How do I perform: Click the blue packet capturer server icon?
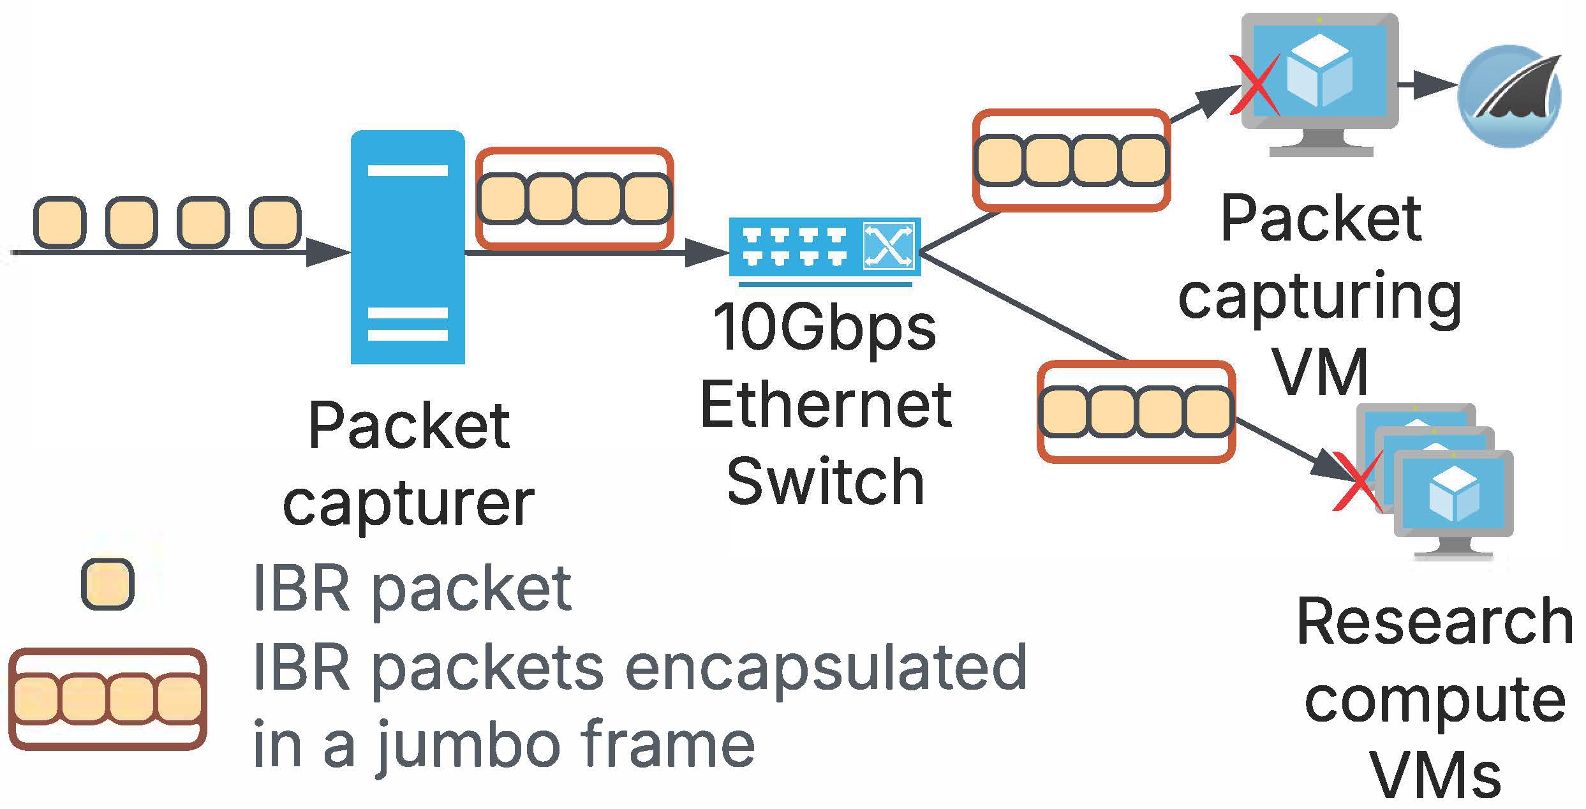pos(408,247)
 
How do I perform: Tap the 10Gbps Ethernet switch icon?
pos(824,248)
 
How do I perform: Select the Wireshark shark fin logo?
pos(1509,96)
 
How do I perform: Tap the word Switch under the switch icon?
pos(826,482)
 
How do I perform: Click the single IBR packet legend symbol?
pos(107,584)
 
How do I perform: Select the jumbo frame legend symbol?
pos(107,699)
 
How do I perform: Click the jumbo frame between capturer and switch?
pos(574,198)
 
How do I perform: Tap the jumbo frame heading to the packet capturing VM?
pos(1071,160)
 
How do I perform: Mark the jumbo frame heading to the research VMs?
pos(1136,412)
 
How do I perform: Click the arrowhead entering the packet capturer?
pos(328,253)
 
